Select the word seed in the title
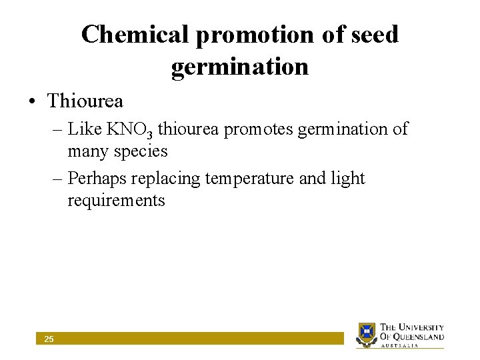pyautogui.click(x=375, y=35)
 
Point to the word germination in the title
pyautogui.click(x=240, y=67)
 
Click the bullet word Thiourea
pyautogui.click(x=85, y=101)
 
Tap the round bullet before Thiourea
pyautogui.click(x=32, y=102)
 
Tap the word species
pyautogui.click(x=141, y=152)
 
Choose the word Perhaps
pyautogui.click(x=98, y=179)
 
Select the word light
pyautogui.click(x=349, y=178)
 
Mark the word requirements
pyautogui.click(x=116, y=201)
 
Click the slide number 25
pyautogui.click(x=49, y=339)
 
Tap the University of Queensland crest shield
pyautogui.click(x=367, y=333)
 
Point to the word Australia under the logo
pyautogui.click(x=400, y=345)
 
